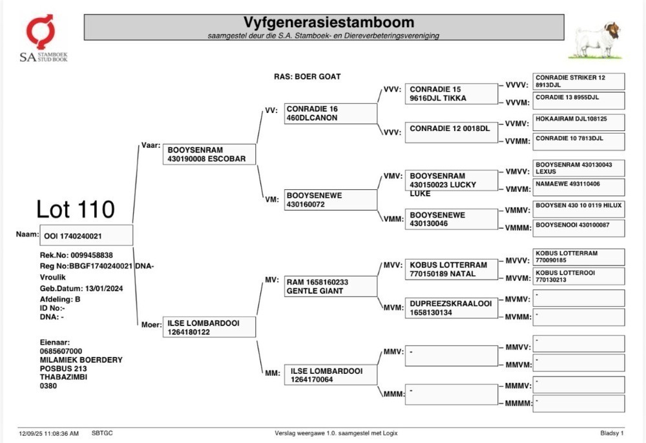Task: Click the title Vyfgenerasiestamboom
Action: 328,22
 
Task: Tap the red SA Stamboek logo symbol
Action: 40,31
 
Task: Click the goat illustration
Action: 596,41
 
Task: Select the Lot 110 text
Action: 76,209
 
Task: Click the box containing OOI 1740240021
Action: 86,235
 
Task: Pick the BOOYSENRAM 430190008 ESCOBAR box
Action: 209,154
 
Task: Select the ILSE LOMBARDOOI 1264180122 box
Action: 209,327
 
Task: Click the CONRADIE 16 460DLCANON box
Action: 330,113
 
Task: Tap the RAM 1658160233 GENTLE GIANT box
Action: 330,287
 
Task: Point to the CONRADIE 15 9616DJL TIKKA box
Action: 452,94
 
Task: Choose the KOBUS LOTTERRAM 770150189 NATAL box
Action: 452,269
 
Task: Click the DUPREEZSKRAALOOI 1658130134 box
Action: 452,308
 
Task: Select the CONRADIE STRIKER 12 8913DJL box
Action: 578,81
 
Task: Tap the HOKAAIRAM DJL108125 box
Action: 578,122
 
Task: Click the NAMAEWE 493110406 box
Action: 578,187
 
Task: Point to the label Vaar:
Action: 151,145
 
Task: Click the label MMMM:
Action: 518,403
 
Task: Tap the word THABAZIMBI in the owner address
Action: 63,376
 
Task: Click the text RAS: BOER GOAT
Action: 307,77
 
